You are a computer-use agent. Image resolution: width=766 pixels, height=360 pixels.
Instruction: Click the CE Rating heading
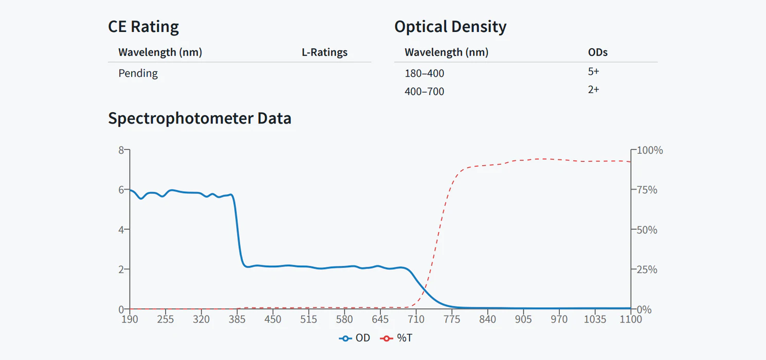143,27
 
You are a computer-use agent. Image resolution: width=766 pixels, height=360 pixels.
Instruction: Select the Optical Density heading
450,27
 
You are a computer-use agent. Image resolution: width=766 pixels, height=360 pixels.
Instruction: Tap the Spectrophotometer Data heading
199,118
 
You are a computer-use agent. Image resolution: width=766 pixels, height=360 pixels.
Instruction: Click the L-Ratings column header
324,52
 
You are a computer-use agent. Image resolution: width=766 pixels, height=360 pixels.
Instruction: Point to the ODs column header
598,52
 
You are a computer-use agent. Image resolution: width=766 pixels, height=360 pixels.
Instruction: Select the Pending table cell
138,73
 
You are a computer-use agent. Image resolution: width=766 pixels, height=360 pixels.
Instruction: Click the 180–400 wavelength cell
424,73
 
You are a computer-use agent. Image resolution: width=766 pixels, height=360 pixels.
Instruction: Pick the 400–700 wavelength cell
424,92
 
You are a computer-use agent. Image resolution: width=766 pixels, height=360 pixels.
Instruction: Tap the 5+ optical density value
594,71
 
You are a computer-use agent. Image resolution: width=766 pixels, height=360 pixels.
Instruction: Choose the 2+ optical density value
594,89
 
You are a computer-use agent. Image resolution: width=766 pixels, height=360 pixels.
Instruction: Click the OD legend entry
355,338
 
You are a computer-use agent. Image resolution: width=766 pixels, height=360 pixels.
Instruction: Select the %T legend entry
396,338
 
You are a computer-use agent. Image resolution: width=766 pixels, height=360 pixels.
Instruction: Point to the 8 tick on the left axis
121,150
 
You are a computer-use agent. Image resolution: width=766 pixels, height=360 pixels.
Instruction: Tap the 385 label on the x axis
237,319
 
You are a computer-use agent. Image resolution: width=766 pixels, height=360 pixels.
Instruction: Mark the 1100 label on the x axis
631,319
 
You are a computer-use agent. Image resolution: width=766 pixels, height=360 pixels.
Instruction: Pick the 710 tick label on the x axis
416,319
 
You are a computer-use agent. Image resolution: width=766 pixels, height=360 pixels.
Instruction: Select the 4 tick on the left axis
121,229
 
